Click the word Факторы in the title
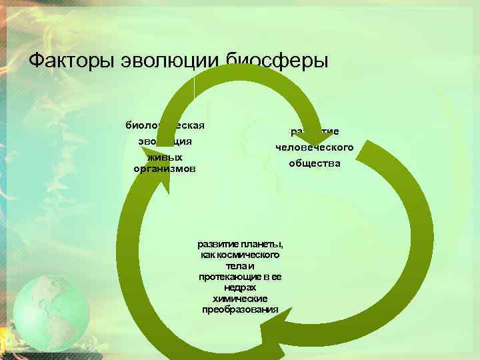(71, 61)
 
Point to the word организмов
(165, 169)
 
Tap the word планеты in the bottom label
(261, 243)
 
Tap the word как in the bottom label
(207, 255)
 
